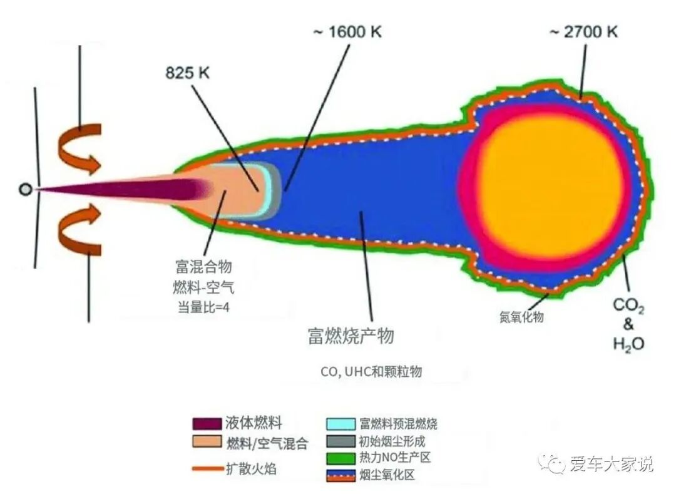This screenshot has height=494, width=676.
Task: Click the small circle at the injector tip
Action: pyautogui.click(x=24, y=189)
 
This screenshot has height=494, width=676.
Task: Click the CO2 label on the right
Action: pyautogui.click(x=628, y=306)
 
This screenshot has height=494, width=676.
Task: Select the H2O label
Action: pyautogui.click(x=628, y=343)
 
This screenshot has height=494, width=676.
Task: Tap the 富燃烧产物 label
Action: pyautogui.click(x=351, y=336)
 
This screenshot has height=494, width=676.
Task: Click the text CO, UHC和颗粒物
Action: pyautogui.click(x=371, y=371)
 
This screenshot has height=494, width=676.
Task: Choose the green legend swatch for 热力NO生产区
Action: pyautogui.click(x=341, y=458)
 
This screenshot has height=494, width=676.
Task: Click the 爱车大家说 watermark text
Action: pyautogui.click(x=610, y=464)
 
